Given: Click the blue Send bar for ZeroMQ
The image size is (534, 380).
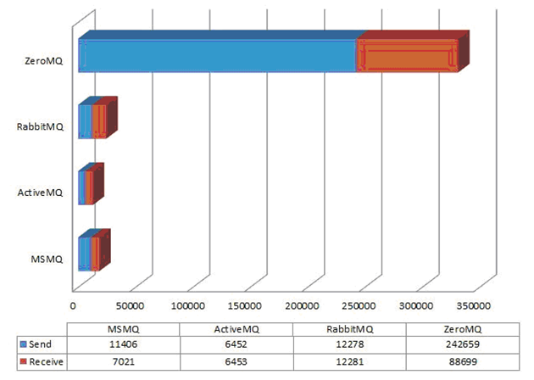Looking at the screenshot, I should pos(216,56).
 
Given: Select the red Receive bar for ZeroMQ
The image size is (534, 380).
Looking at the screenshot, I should pos(407,56).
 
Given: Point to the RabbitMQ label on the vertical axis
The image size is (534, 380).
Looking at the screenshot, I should pos(41,127).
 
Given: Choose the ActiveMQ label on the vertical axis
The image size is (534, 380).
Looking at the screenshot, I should pos(41,193).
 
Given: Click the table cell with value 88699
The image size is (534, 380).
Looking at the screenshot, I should pos(462,362).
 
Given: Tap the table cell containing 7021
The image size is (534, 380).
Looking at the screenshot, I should pos(123,362).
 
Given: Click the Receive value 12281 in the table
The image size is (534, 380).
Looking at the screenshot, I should pos(348,362).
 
